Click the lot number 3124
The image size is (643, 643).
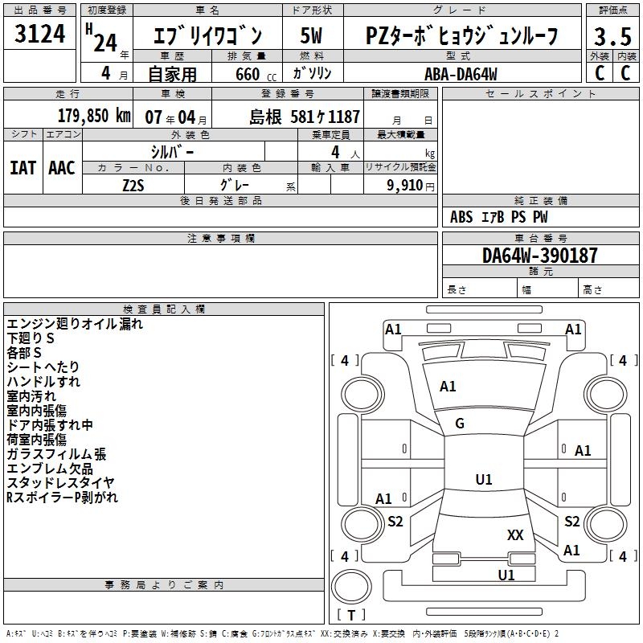click(x=40, y=34)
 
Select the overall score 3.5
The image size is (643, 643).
click(x=612, y=36)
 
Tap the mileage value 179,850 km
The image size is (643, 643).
click(x=94, y=117)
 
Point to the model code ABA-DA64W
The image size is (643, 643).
click(x=461, y=74)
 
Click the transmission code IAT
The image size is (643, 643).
click(x=23, y=167)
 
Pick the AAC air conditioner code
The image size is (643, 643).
click(x=62, y=167)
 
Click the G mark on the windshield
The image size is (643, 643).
click(x=460, y=424)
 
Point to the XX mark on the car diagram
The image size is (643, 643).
click(x=515, y=534)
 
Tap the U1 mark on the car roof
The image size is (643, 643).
click(x=483, y=480)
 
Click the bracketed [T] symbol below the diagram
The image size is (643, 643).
click(x=350, y=615)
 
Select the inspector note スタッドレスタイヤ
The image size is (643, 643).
click(x=60, y=483)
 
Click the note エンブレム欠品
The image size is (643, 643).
click(x=50, y=469)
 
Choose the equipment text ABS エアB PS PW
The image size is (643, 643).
click(x=499, y=217)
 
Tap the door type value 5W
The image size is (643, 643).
click(x=312, y=36)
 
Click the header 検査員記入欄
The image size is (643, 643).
click(x=164, y=309)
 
